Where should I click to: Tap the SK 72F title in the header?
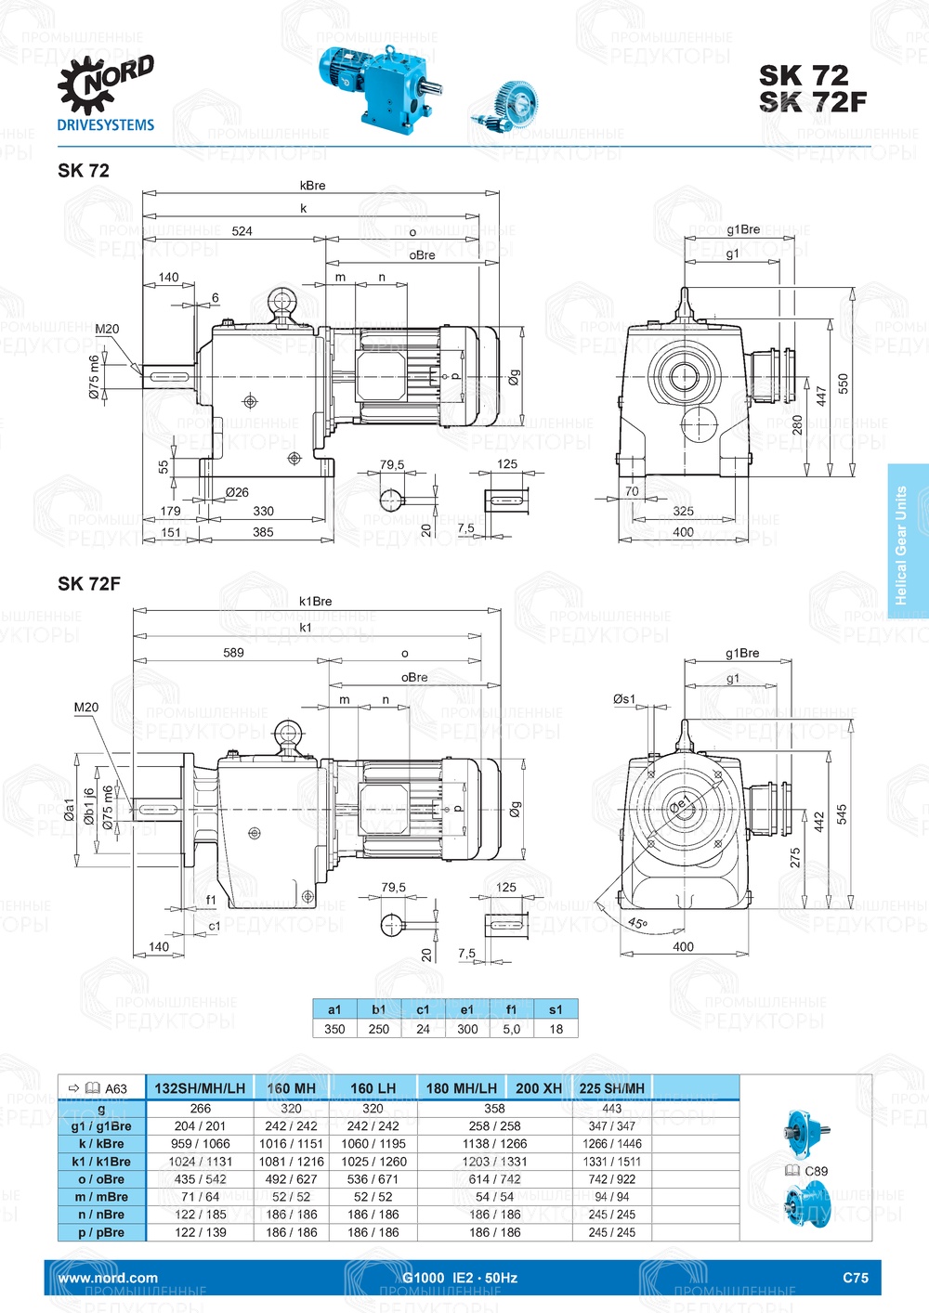coord(812,101)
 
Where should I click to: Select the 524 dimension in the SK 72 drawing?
coord(242,231)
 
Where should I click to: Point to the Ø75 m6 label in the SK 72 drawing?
coord(94,377)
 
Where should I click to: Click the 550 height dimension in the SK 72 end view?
coord(843,383)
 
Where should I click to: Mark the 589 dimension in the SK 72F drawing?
coord(233,653)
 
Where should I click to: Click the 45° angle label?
coord(637,924)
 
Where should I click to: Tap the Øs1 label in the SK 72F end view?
coord(624,699)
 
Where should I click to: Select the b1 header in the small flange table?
coord(379,1009)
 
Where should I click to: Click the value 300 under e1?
coord(467,1029)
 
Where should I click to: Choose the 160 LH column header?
coord(373,1088)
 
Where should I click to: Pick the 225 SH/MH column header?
coord(611,1088)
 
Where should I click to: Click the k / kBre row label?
coord(101,1144)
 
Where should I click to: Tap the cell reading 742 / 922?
coord(611,1179)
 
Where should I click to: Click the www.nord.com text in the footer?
coord(108,1278)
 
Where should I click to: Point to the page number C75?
coord(855,1278)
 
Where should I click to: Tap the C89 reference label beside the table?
coord(815,1171)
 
